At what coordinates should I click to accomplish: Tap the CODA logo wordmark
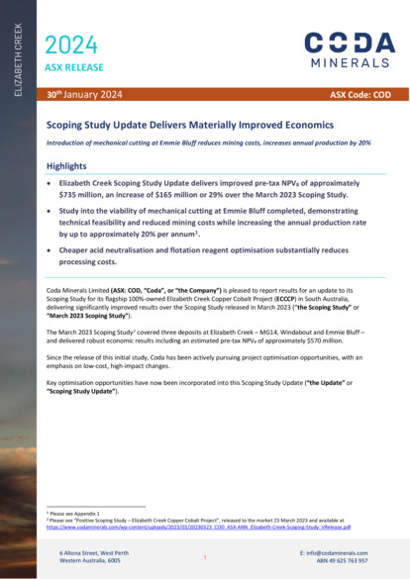349,42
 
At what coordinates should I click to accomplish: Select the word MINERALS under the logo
349,62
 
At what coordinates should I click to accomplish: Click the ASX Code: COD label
369,96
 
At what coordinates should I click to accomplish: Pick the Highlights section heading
66,166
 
